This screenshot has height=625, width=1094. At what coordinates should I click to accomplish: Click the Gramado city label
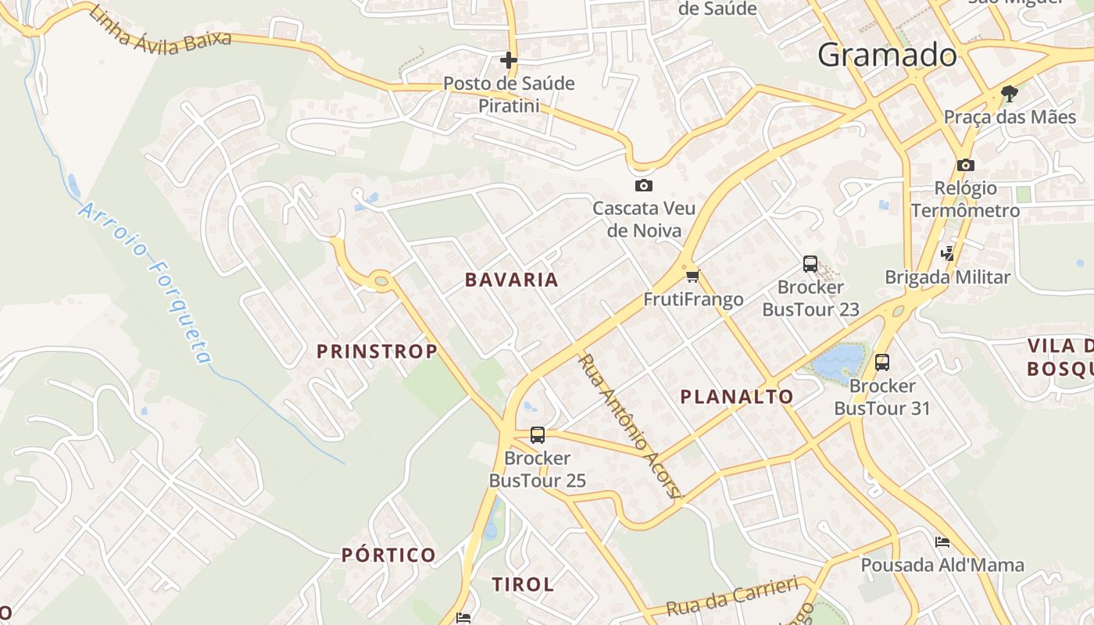click(x=887, y=55)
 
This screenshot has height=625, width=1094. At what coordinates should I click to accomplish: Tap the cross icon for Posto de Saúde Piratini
click(x=509, y=59)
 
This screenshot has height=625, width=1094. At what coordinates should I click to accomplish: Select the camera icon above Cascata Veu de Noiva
click(x=643, y=185)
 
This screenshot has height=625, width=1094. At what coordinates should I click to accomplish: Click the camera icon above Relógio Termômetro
click(x=965, y=165)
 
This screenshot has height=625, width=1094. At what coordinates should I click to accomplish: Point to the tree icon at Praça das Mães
click(x=1010, y=94)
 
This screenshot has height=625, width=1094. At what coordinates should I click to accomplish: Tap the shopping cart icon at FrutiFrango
click(x=692, y=276)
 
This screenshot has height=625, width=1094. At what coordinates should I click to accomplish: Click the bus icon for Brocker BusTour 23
click(x=810, y=264)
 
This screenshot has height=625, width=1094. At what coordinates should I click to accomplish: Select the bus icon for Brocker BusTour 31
click(x=882, y=362)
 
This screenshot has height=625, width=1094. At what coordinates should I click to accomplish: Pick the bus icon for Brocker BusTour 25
click(x=537, y=435)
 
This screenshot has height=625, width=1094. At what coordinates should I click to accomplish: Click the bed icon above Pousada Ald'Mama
click(x=942, y=542)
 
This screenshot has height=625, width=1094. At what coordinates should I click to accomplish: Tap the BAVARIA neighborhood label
click(x=512, y=280)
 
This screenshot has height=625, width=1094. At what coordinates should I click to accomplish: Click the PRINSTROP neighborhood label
click(x=377, y=352)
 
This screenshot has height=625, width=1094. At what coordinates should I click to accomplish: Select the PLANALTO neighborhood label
click(x=737, y=397)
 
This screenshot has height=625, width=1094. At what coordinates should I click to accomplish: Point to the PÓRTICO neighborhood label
click(x=388, y=555)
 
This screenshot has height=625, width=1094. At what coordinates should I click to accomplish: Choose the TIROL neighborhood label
click(x=523, y=584)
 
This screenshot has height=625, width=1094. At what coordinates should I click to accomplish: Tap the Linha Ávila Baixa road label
click(x=160, y=30)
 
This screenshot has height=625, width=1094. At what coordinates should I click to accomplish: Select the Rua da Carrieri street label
click(x=732, y=596)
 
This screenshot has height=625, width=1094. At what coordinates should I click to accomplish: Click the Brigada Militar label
click(x=947, y=277)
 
